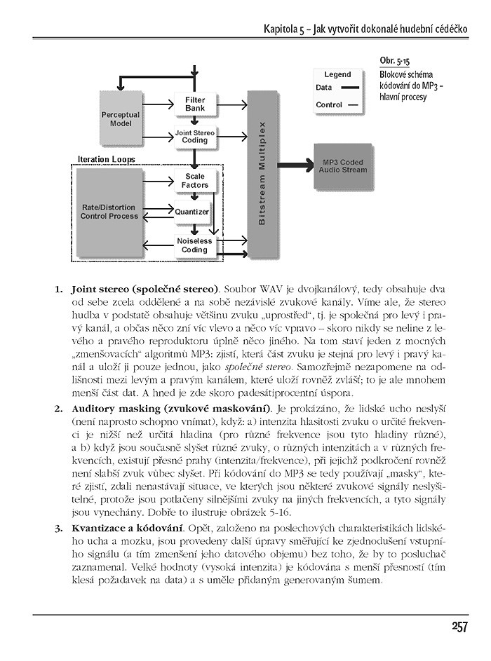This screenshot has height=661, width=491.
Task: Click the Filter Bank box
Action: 195,104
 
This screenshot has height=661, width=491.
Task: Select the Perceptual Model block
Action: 121,118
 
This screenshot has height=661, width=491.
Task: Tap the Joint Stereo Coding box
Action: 195,136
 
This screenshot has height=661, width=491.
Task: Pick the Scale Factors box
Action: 195,181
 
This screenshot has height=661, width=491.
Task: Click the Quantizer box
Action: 191,211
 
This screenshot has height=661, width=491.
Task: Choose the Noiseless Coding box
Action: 195,245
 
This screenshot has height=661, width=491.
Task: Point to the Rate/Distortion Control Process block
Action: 109,212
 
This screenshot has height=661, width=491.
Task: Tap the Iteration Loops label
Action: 107,159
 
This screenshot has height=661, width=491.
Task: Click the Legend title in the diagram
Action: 337,74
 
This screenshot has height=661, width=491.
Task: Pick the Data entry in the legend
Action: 324,88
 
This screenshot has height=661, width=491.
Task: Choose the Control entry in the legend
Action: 328,105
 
